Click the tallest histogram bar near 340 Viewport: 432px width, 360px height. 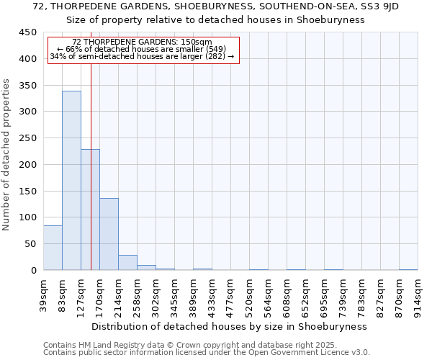(x=71, y=180)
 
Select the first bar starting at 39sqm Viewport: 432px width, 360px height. (x=53, y=248)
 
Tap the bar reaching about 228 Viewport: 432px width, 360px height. (x=90, y=210)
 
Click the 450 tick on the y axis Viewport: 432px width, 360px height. (x=28, y=32)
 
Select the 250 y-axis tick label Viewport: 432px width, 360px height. (x=28, y=138)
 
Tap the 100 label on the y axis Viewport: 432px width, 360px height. (x=28, y=217)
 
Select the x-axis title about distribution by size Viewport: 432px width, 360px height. (x=230, y=326)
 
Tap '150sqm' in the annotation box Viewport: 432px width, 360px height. (x=197, y=42)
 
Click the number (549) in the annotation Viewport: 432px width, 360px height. (x=215, y=49)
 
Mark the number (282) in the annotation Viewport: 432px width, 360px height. (x=216, y=56)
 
